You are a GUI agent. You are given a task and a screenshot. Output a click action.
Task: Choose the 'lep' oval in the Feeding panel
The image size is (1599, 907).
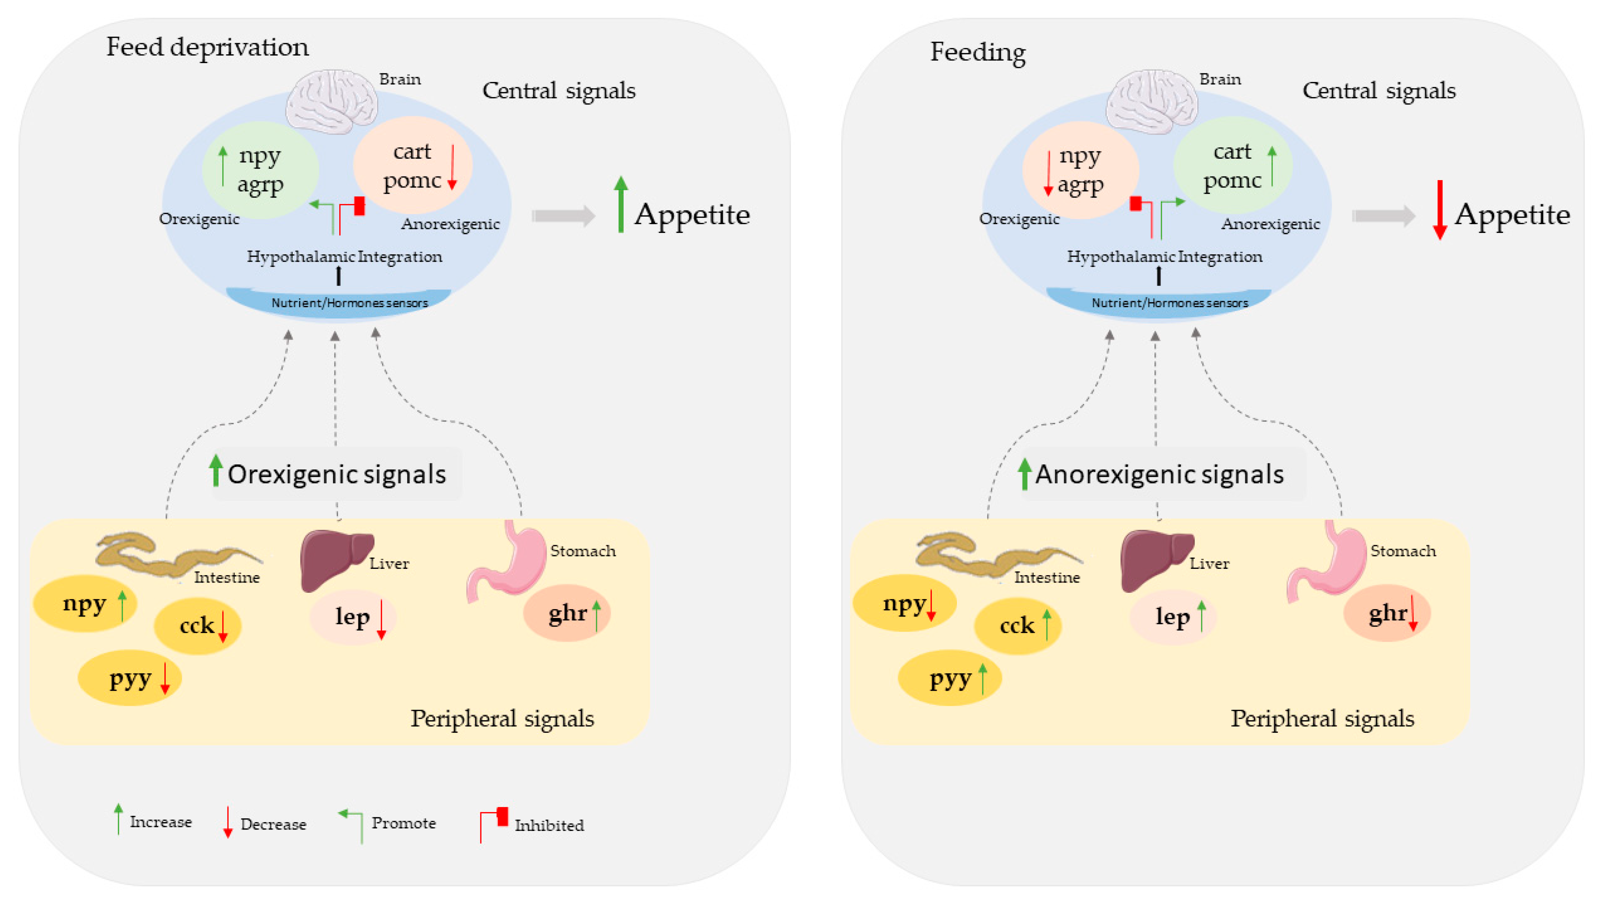coord(1172,617)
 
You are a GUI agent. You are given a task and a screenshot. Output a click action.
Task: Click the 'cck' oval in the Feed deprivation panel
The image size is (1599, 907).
coord(198,625)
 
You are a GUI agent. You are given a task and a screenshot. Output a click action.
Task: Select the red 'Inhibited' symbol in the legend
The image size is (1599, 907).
coord(494,824)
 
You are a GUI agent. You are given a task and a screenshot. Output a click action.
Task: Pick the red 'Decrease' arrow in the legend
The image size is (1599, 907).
coord(228,822)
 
